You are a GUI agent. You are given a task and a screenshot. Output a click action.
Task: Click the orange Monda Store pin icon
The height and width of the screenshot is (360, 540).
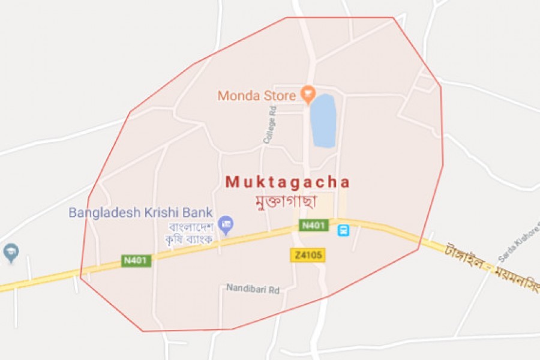tap(308, 93)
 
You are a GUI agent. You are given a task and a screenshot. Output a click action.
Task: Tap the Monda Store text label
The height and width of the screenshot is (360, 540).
tap(257, 95)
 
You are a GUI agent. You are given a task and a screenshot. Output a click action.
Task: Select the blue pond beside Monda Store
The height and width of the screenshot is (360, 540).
tap(323, 121)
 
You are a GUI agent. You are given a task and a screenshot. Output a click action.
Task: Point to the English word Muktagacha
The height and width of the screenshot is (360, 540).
tap(287, 182)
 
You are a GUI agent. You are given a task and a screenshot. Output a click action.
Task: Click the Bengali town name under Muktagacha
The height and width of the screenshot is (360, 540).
tap(287, 200)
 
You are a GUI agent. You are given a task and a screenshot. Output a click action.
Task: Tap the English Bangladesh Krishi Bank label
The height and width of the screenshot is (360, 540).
tap(141, 212)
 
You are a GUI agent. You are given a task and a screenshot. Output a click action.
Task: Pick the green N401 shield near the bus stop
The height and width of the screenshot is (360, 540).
tap(314, 226)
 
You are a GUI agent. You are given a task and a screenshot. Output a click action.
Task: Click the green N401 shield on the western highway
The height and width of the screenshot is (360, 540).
tap(137, 260)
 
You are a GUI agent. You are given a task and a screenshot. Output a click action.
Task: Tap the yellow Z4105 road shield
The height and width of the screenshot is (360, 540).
tap(308, 255)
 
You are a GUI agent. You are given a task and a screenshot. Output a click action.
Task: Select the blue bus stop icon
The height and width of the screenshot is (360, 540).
tap(343, 230)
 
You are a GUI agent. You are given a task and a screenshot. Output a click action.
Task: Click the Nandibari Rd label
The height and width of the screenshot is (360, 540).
tap(253, 289)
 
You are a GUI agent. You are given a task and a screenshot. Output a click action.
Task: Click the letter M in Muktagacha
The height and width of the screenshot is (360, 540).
tap(232, 182)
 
